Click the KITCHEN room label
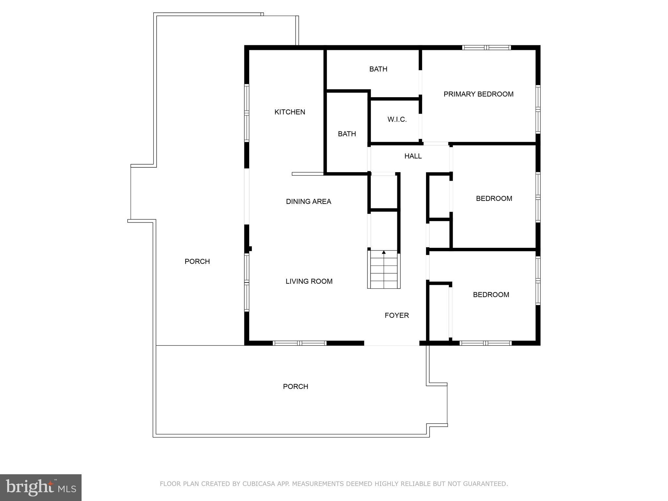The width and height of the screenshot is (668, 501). coord(290,112)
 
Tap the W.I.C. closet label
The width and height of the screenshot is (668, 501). coord(397,119)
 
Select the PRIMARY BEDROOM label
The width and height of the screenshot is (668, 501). coord(478,94)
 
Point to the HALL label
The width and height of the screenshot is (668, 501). coord(413,156)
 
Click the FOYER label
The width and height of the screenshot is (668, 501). coord(397,315)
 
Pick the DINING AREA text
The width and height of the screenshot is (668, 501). coord(308,202)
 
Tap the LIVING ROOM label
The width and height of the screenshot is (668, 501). coord(309,281)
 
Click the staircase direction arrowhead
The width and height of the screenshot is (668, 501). coord(384,252)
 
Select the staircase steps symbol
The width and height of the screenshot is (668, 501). coord(384,271)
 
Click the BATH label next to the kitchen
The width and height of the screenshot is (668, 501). coord(347,134)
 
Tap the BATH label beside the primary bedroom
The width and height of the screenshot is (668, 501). coord(378,69)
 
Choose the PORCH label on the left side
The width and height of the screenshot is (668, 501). coord(197,261)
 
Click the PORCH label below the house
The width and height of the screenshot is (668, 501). coord(295,387)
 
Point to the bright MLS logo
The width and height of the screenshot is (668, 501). coord(40,487)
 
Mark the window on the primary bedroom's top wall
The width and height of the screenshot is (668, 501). coord(486,48)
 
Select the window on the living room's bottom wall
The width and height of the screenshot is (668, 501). coord(299,343)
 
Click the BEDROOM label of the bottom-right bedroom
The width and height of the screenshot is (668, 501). coord(491,295)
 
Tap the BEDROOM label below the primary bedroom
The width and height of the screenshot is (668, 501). coord(494,198)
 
